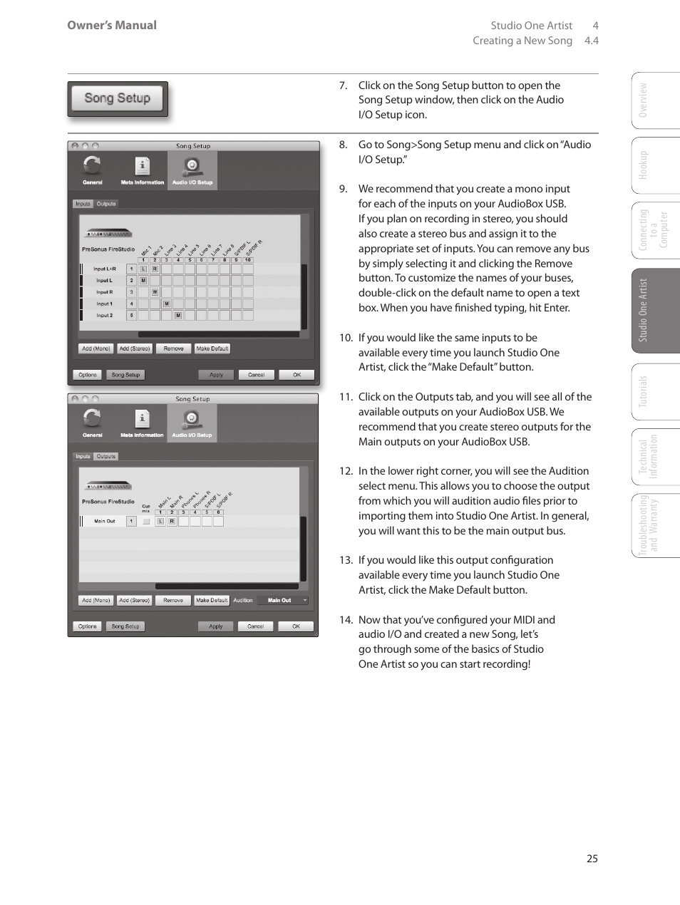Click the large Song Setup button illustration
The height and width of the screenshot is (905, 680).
[118, 99]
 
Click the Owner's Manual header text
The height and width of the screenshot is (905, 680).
[112, 25]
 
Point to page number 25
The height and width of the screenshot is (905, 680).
[592, 859]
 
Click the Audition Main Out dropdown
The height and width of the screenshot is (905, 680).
[283, 601]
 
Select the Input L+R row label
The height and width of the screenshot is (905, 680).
[104, 269]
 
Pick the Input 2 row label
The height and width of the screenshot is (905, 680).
[104, 315]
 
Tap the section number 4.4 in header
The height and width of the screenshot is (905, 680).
[591, 41]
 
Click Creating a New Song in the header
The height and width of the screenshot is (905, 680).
[522, 41]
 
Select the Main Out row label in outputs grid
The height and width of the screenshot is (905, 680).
[105, 522]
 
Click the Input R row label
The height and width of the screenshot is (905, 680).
[104, 292]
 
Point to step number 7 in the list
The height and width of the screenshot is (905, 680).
[343, 86]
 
